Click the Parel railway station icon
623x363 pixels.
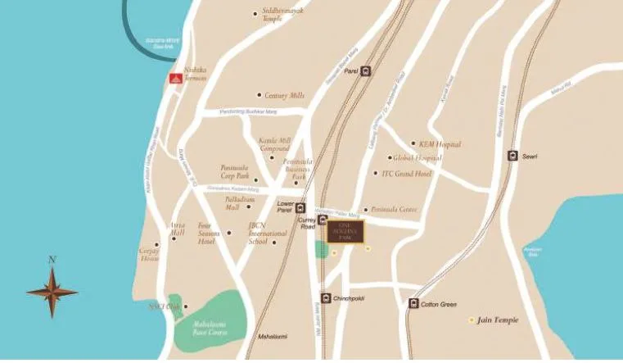pos(366,70)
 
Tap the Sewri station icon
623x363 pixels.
pos(512,156)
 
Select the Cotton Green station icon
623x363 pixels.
pos(413,304)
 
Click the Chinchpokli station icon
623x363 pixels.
pos(326,298)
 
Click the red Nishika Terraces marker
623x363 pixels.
pos(174,79)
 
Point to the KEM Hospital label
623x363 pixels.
pos(440,144)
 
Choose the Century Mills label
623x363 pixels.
pos(283,95)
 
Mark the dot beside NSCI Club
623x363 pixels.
pos(187,307)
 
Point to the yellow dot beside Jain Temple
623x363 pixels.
pos(471,319)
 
